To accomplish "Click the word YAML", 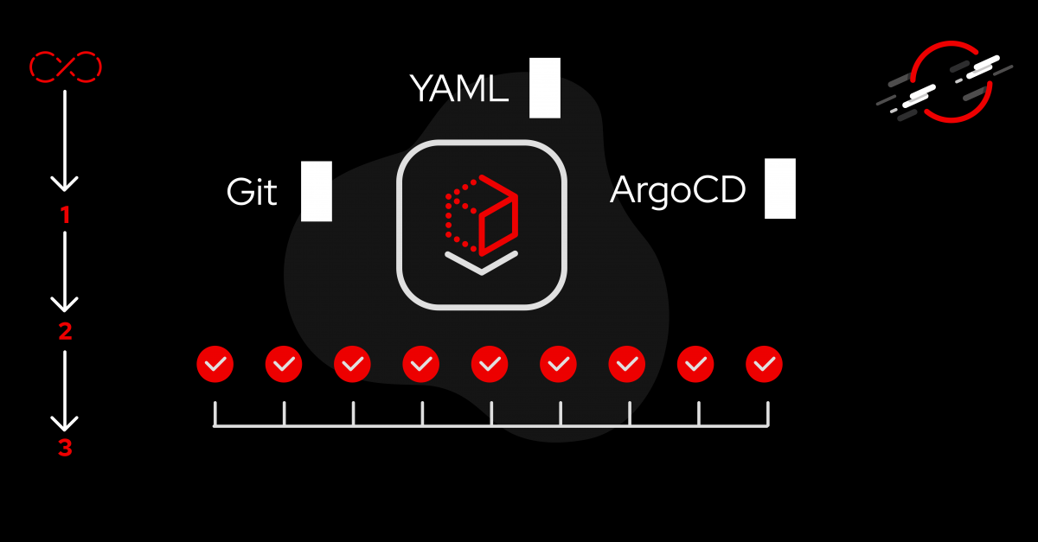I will coord(458,88).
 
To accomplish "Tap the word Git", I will coord(252,192).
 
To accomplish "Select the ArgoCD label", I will coord(677,190).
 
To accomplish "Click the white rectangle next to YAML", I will coord(545,88).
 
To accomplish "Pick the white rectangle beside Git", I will coord(317,191).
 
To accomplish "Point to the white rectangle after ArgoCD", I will coord(780,188).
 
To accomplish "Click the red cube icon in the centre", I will coord(481,214).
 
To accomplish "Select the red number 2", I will coord(65,332).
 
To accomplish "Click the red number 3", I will coord(65,449).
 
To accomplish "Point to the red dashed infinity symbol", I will coord(66,66).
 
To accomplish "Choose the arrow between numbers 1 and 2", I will coord(65,271).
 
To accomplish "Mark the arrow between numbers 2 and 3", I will coord(65,389).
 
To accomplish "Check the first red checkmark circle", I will coord(215,365).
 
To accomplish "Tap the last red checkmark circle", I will coord(764,365).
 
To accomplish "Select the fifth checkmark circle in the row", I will coord(490,365).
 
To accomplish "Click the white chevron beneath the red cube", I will coord(481,262).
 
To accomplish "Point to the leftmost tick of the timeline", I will coord(215,414).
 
